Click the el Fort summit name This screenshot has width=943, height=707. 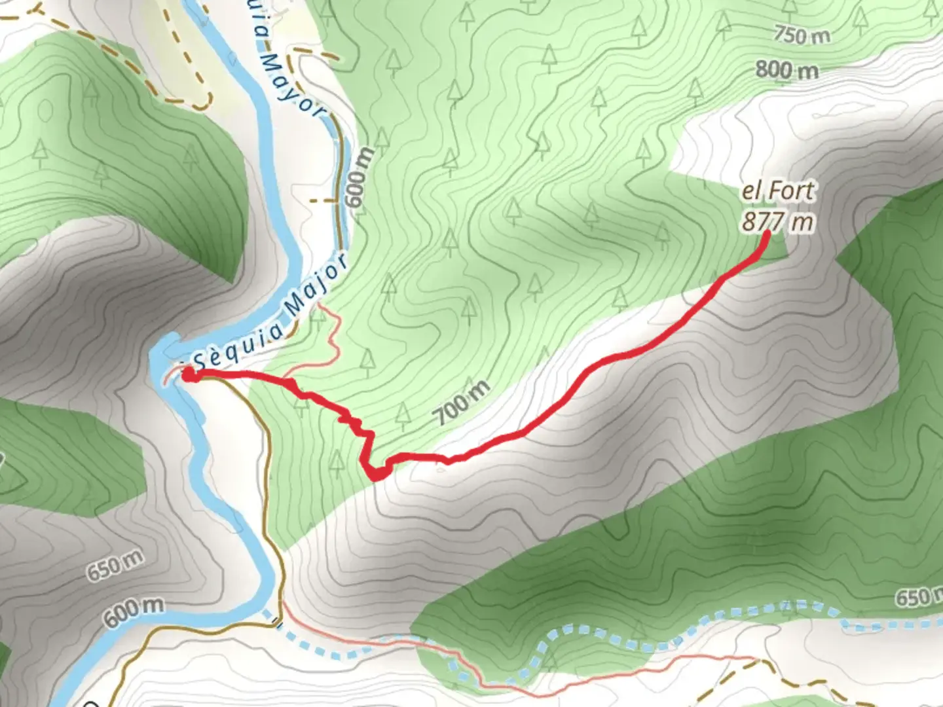pos(778,191)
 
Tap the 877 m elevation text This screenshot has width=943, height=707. pos(778,221)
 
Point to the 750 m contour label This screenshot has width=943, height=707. pos(801,34)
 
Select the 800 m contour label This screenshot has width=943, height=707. pos(786,69)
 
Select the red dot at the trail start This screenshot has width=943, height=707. pos(188,374)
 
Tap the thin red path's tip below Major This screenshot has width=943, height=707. pos(320,304)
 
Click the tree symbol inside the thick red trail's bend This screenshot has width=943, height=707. pos(337,462)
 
